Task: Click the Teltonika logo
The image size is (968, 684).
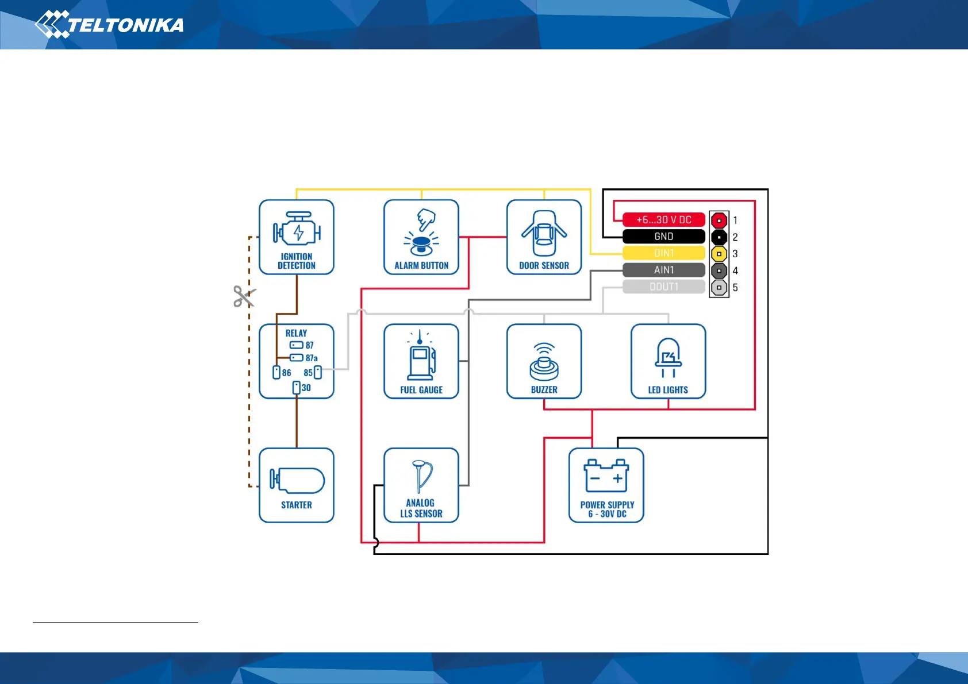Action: coord(109,25)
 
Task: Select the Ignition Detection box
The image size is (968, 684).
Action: coord(297,237)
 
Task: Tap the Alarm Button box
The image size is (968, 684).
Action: coord(421,237)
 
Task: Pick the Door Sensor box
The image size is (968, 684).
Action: coord(544,237)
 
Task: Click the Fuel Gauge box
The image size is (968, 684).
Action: coord(421,361)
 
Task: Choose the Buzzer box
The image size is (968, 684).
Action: coord(544,361)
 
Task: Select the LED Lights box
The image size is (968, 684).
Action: coord(668,361)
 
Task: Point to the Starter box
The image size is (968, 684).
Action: coord(297,485)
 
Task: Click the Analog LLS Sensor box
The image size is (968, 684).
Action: coord(421,485)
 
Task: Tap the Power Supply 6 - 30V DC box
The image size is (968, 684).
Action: coord(606,485)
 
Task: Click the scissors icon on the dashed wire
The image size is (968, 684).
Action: coord(244,296)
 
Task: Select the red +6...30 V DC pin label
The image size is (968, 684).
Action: coord(664,220)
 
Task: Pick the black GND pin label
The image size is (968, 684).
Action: coord(664,237)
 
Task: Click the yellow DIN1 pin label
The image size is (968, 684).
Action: coord(664,253)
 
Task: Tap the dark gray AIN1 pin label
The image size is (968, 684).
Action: coord(664,270)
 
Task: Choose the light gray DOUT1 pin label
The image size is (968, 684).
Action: coord(664,287)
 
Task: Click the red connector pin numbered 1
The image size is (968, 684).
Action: coord(719,221)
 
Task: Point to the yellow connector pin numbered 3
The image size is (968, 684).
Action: coord(719,254)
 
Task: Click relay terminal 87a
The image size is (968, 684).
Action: coord(297,358)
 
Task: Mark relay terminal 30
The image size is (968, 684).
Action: coord(297,388)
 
